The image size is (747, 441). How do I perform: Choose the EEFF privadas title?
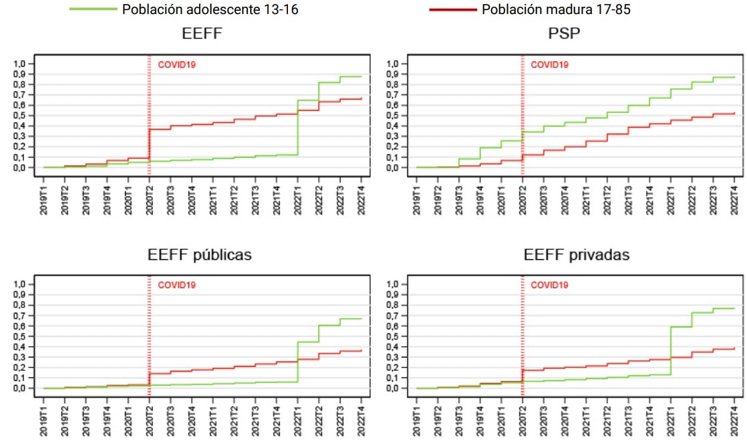(577, 255)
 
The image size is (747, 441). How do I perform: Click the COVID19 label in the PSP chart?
(549, 65)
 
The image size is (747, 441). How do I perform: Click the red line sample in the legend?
(453, 9)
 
